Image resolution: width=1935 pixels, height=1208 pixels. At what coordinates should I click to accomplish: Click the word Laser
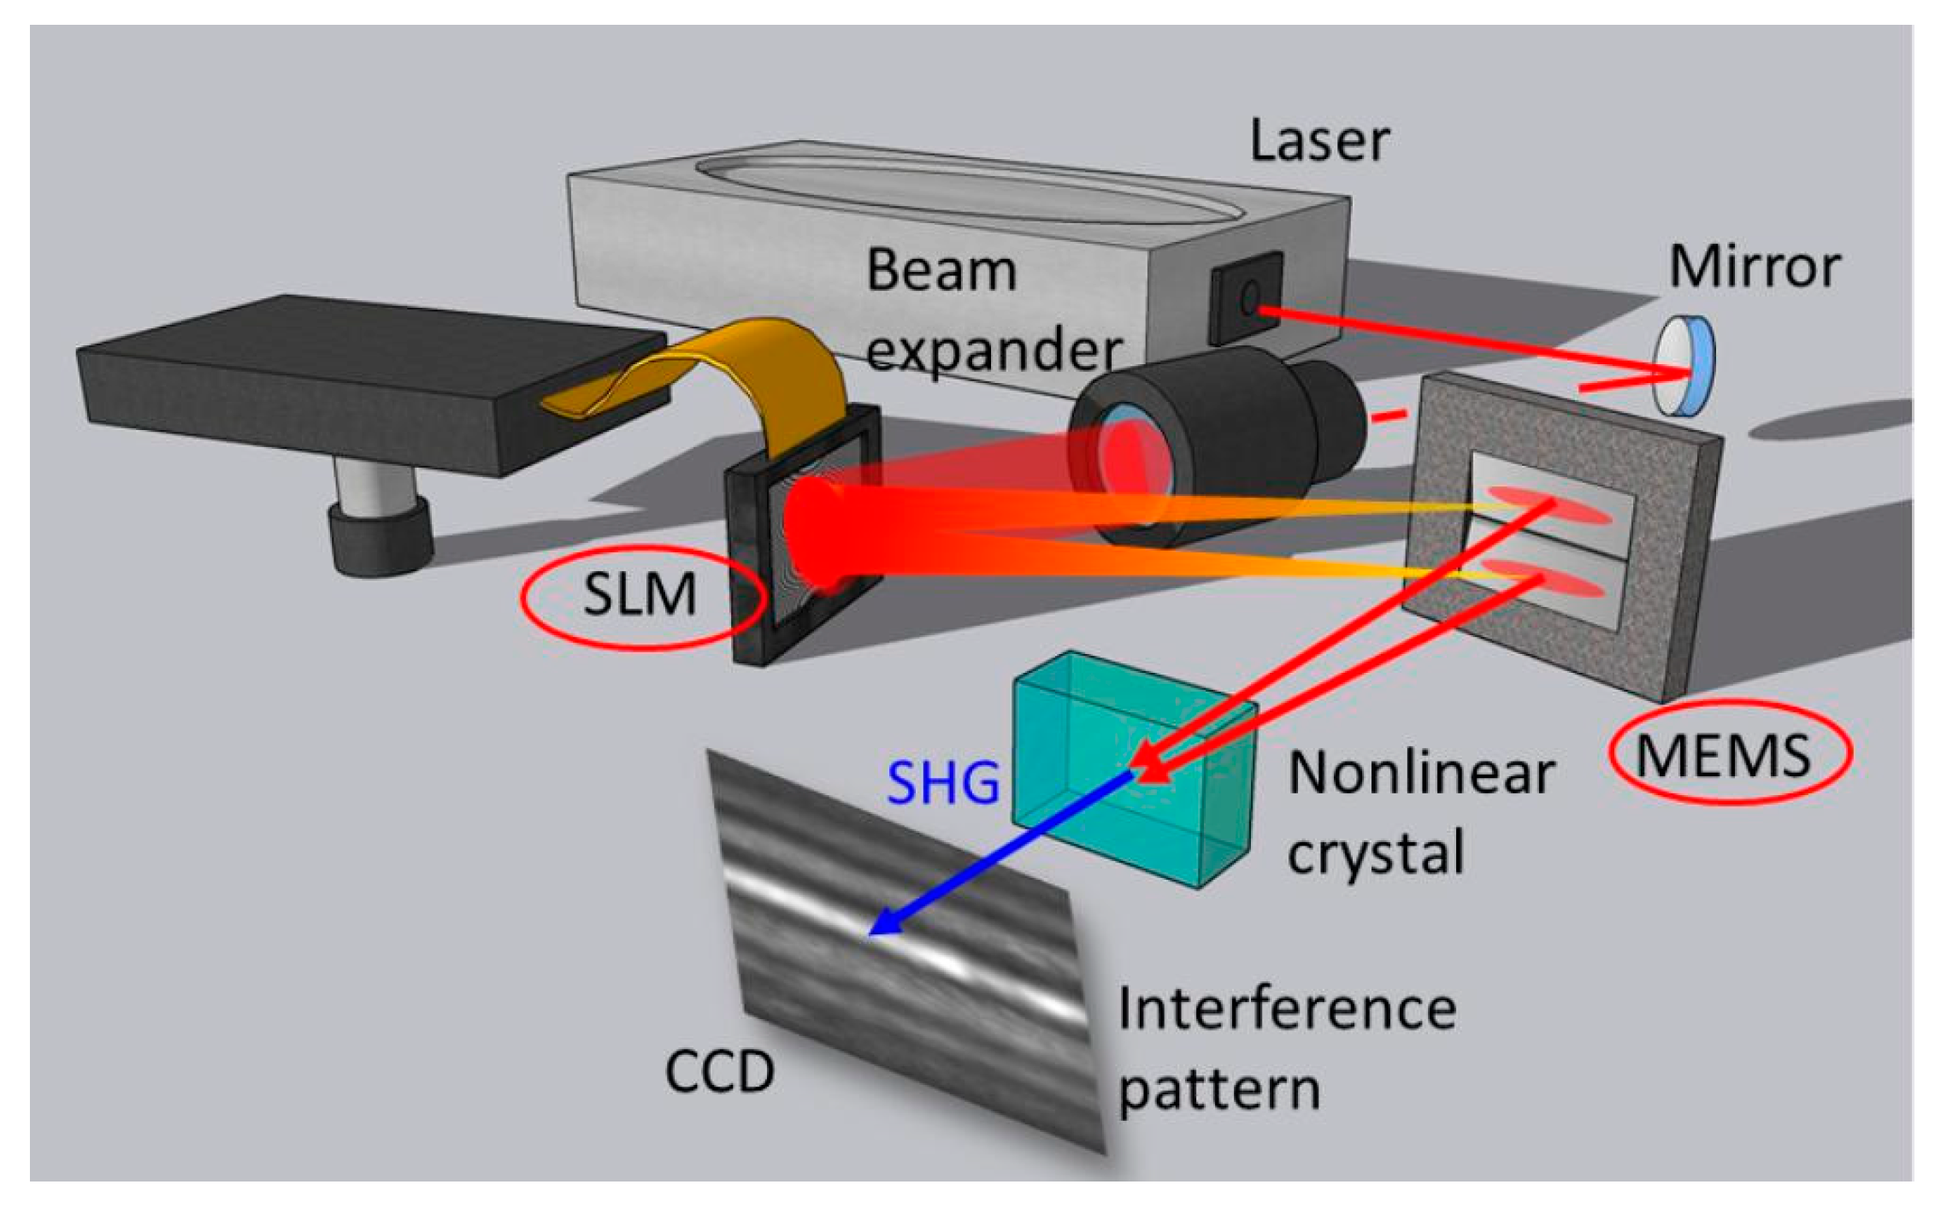(1319, 141)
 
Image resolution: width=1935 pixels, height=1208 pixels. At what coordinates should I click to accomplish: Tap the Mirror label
(1755, 267)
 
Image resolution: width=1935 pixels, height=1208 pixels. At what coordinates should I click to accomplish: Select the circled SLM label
(640, 594)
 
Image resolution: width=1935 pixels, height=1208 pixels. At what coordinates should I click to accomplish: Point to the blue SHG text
(943, 782)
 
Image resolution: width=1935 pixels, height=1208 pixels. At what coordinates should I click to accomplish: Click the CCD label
(719, 1071)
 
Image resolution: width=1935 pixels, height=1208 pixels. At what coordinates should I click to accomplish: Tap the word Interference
(1287, 1009)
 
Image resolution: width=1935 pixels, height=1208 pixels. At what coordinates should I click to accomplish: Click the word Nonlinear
(1420, 774)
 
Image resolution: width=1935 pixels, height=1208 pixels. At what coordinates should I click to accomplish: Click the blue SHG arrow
(1000, 855)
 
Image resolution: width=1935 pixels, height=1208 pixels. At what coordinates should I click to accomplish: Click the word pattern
(1219, 1090)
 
